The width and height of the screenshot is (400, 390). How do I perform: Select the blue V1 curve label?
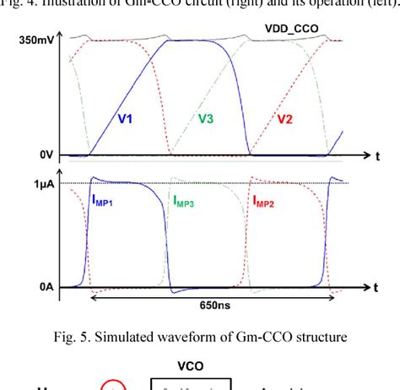click(x=125, y=119)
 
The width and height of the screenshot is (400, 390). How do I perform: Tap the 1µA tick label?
click(x=43, y=183)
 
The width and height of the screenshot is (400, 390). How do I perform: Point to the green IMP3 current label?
click(x=186, y=201)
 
